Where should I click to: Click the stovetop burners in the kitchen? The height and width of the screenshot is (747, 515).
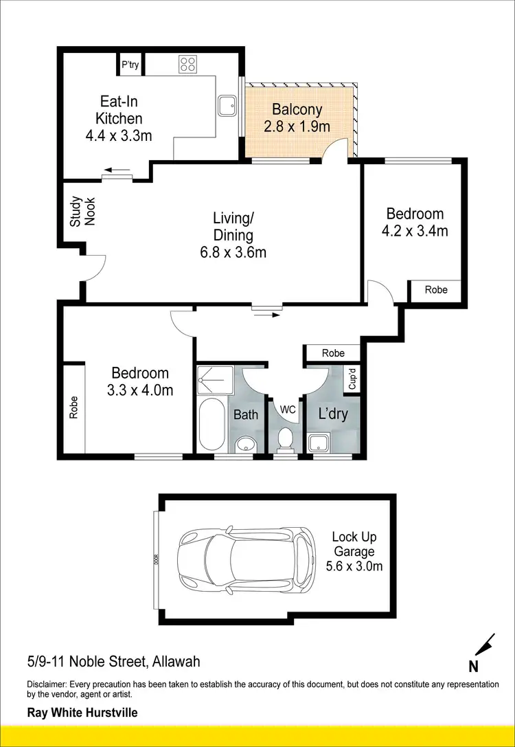pos(187,65)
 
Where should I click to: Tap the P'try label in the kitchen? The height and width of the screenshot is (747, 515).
pos(130,65)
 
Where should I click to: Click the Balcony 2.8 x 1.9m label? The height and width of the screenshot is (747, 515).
pos(297,118)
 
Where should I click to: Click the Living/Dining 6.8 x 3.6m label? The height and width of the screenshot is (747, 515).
pos(233,235)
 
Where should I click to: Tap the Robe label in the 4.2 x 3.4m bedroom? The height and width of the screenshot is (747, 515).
pos(435,290)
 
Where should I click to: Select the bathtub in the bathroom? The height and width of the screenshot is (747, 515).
pos(211,423)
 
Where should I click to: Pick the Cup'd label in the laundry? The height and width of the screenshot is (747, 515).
pos(352,379)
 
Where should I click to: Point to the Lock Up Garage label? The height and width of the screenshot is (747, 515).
pos(354,552)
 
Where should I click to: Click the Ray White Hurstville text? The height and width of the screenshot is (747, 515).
pos(82,713)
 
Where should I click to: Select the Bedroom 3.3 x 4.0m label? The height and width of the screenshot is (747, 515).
pos(139,381)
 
